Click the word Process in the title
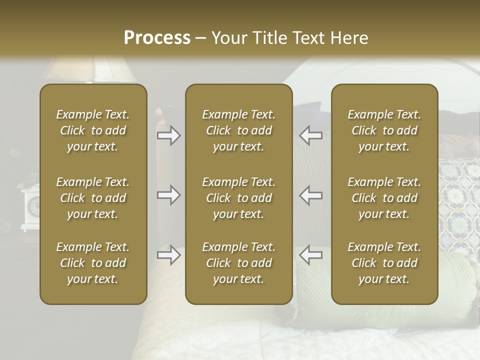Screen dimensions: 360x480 click(157, 38)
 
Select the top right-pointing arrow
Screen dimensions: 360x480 click(168, 135)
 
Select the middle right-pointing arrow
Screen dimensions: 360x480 click(168, 195)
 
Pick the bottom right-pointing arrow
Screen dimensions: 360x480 click(168, 255)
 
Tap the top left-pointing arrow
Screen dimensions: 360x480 click(311, 135)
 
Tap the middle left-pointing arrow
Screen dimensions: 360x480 click(311, 195)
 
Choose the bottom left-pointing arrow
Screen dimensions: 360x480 click(311, 255)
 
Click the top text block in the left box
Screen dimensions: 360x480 click(93, 130)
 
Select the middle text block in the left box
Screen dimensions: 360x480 click(93, 198)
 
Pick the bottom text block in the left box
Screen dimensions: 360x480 click(93, 263)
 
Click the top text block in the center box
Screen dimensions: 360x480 click(238, 130)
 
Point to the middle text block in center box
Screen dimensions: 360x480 click(238, 198)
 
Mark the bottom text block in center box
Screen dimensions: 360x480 click(238, 263)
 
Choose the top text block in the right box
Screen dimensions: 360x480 click(384, 130)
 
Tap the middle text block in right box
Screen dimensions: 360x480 click(384, 198)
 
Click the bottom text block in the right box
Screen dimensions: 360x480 click(384, 263)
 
